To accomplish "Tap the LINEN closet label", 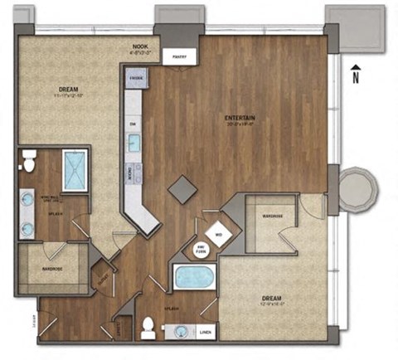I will tap(205, 333).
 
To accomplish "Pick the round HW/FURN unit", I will tap(201, 248).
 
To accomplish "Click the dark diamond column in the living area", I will tap(182, 188).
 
